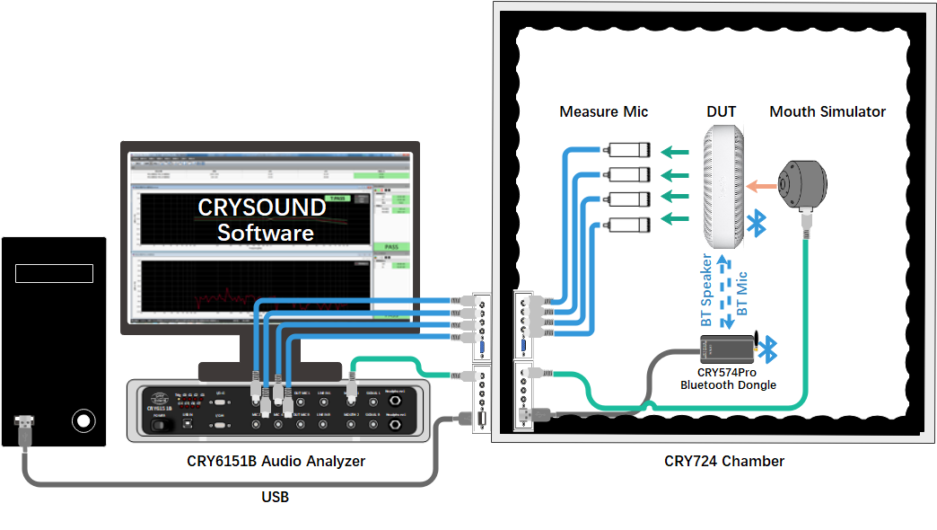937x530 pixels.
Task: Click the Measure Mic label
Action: (x=603, y=112)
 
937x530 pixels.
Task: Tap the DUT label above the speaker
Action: (x=721, y=112)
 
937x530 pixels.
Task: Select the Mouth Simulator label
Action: (x=827, y=112)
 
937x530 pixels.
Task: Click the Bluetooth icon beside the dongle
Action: (x=770, y=347)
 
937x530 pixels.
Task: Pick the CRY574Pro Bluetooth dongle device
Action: (x=728, y=348)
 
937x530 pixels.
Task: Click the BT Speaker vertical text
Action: (x=707, y=289)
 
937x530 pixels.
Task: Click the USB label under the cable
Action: (x=276, y=497)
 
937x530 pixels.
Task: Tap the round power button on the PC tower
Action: (x=83, y=420)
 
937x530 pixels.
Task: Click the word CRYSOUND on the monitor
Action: (x=262, y=208)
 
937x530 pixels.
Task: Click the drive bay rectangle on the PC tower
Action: (x=54, y=273)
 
